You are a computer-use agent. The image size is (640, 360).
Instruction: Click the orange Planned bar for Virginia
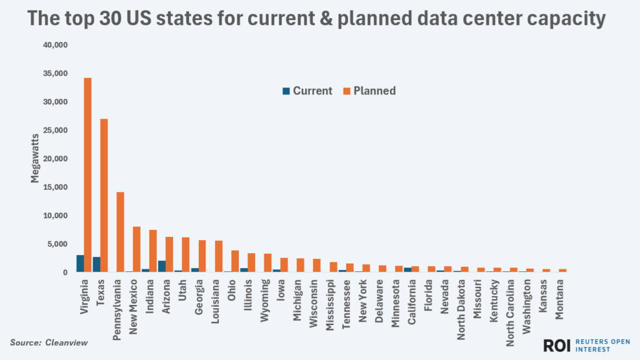88,175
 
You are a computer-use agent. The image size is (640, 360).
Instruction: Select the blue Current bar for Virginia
80,264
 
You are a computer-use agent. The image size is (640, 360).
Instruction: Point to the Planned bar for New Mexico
137,249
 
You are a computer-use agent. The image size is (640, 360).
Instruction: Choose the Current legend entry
307,91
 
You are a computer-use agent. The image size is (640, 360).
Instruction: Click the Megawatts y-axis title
36,159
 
